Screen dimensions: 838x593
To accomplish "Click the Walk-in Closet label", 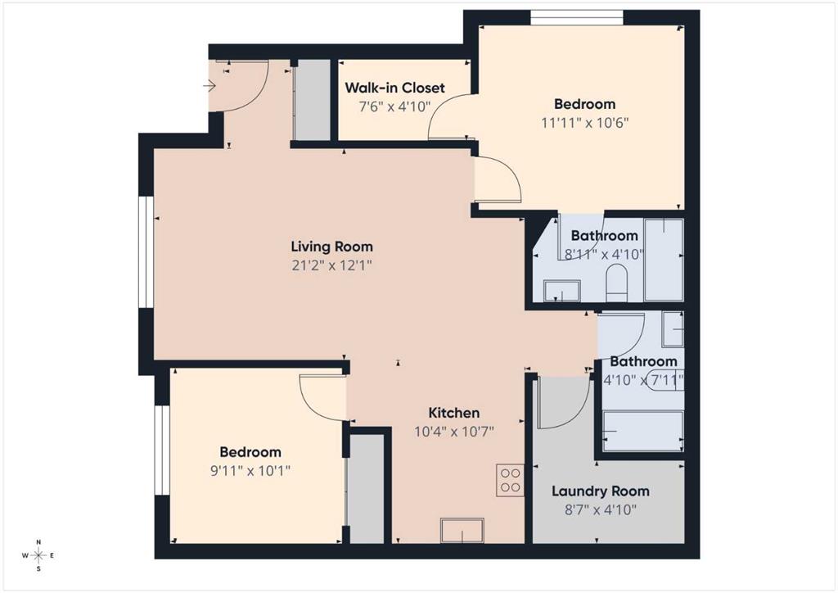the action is (x=394, y=88).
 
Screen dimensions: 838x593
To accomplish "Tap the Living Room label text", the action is (x=332, y=247).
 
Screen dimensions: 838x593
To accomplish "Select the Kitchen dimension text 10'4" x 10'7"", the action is (x=453, y=432).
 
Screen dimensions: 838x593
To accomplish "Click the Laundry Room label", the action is (x=600, y=491).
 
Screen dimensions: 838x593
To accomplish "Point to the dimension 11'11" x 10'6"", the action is (x=584, y=123).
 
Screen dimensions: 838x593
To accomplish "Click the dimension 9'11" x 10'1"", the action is (x=250, y=471).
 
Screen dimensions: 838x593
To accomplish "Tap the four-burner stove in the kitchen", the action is (x=510, y=480).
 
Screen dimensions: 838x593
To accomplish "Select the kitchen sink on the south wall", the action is (x=462, y=530).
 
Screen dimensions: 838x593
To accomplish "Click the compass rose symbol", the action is (x=38, y=555).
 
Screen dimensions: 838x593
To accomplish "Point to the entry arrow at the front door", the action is (x=209, y=85).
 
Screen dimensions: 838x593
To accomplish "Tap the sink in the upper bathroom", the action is (x=561, y=291).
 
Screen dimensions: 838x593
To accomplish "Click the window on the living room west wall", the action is (x=146, y=251).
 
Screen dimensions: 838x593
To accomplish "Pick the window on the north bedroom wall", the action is (x=577, y=18).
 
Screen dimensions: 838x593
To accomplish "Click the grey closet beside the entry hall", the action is (x=313, y=100).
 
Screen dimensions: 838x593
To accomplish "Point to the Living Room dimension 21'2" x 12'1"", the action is (x=332, y=265).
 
